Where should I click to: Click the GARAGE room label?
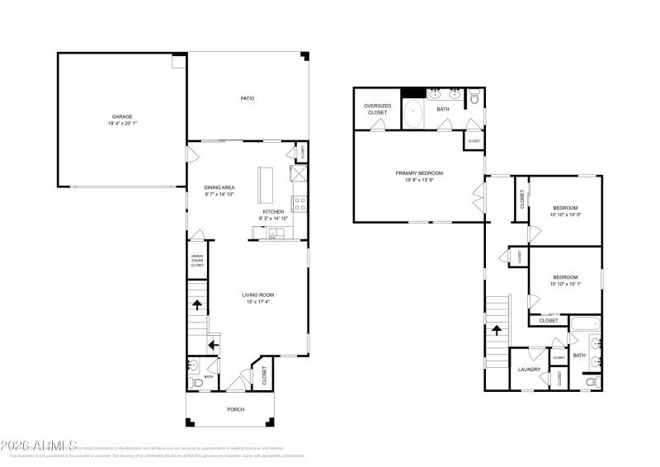point(122,116)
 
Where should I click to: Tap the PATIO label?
point(247,98)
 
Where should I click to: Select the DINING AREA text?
point(220,187)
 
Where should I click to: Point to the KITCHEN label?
point(274,211)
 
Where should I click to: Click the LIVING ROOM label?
point(257,295)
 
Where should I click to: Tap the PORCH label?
point(236,409)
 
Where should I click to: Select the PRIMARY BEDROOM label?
point(419,172)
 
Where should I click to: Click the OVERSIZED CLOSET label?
point(376,109)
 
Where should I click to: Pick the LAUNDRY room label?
point(529,369)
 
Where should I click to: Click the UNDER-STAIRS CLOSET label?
point(197,261)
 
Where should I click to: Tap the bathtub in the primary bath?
point(413,112)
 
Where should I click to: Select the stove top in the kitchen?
point(300,202)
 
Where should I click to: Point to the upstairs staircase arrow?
point(497,329)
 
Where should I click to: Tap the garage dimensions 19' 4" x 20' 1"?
point(122,124)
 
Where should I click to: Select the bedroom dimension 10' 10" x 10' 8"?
point(565,215)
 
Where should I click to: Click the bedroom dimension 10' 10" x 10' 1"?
point(565,285)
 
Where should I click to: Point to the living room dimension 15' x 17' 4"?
point(257,302)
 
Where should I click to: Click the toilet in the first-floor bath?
point(196,382)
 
